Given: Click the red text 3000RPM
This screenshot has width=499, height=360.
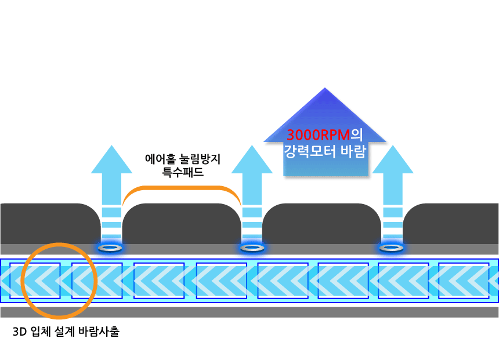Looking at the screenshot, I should (319, 136).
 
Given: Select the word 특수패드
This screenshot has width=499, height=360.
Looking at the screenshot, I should (183, 172).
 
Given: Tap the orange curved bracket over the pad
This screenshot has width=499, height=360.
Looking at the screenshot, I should (182, 188).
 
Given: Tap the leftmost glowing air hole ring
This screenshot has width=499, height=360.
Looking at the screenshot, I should (111, 248).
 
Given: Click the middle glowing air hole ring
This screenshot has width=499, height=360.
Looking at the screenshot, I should (252, 248).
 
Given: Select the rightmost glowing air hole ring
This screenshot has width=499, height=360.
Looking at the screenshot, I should (392, 248).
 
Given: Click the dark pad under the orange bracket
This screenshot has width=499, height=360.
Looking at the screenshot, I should (182, 224).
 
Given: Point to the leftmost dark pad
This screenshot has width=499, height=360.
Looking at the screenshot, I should (46, 224).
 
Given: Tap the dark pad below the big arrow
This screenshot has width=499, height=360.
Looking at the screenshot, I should (322, 224).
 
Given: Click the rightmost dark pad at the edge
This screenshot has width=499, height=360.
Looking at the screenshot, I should (453, 224).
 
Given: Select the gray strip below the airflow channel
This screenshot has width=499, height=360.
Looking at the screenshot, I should (249, 312).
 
